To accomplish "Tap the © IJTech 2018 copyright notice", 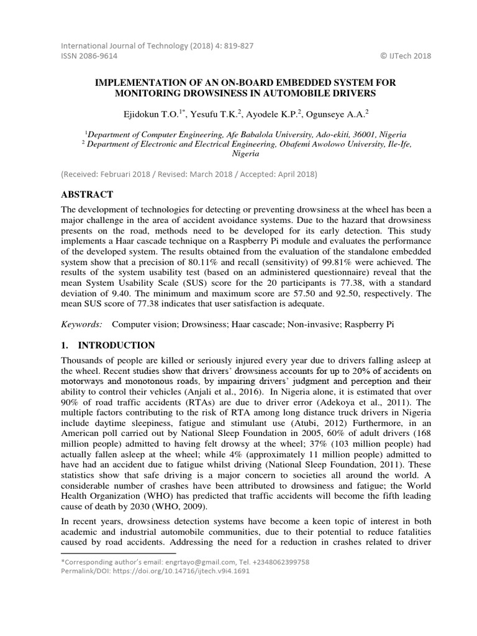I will (x=406, y=56).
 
